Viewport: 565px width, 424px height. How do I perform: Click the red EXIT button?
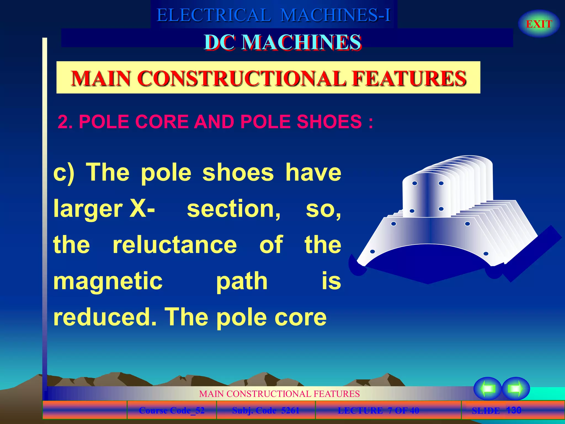pyautogui.click(x=539, y=24)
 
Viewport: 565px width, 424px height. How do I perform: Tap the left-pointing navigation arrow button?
pyautogui.click(x=488, y=389)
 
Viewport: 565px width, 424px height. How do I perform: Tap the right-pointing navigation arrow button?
pyautogui.click(x=515, y=389)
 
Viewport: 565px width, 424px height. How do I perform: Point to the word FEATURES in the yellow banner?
pyautogui.click(x=409, y=78)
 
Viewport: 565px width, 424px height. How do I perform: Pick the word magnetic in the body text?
pyautogui.click(x=108, y=281)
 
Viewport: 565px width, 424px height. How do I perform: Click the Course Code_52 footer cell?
pyautogui.click(x=172, y=410)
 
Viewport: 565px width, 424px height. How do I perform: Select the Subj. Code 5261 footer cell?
pyautogui.click(x=266, y=410)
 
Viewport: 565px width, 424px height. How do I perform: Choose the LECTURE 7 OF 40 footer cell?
pyautogui.click(x=378, y=410)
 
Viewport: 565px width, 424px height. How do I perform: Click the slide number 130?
pyautogui.click(x=514, y=410)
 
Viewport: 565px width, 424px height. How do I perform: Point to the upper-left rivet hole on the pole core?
pyautogui.click(x=415, y=183)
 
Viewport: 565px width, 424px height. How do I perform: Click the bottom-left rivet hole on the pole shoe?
pyautogui.click(x=372, y=251)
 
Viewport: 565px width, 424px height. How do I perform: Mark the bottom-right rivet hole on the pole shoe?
pyautogui.click(x=486, y=253)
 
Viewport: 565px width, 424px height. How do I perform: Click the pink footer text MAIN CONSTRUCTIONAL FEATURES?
pyautogui.click(x=279, y=394)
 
